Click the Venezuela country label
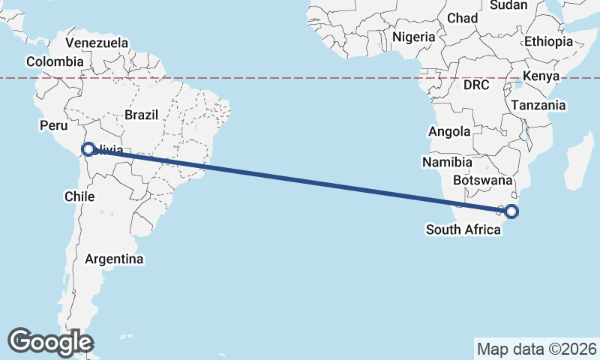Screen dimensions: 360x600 click(97, 43)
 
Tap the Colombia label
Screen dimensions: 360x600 click(54, 61)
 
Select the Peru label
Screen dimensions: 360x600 click(53, 125)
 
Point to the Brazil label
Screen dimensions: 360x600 click(142, 115)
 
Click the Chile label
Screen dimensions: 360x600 click(79, 196)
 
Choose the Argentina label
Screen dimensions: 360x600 click(114, 259)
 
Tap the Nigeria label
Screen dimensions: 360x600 click(413, 37)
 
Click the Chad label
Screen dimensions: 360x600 click(462, 18)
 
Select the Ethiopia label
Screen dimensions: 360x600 click(548, 41)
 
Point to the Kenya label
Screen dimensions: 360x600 click(541, 76)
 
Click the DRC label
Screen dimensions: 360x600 click(476, 85)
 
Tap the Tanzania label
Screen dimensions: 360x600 click(538, 106)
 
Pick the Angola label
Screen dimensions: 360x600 click(449, 132)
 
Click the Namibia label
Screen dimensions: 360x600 click(447, 162)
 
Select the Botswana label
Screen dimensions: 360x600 click(483, 181)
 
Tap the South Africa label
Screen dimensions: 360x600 click(463, 229)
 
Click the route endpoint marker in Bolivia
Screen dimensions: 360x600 click(88, 149)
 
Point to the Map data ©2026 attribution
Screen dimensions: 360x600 click(537, 349)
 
